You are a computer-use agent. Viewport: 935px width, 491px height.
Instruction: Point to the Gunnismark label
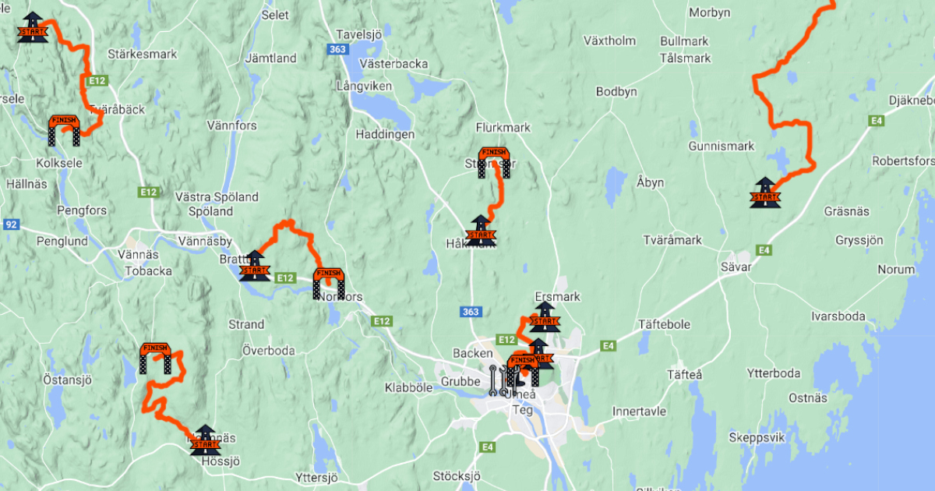tap(722, 147)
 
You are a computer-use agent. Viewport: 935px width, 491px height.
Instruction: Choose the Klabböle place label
tap(408, 387)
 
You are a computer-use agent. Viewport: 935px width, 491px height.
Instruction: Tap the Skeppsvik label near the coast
tap(756, 436)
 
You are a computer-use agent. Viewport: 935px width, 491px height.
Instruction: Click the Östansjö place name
tap(68, 380)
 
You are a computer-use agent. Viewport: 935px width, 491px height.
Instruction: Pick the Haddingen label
tap(385, 134)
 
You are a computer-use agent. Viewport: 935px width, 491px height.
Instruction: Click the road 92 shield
tap(11, 224)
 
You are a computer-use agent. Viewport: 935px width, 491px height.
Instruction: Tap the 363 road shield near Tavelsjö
tap(337, 49)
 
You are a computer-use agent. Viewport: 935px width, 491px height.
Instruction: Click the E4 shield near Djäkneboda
tap(877, 120)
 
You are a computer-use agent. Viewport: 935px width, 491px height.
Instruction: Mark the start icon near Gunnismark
tap(764, 193)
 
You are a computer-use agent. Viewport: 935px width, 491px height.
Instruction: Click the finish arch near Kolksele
tap(65, 130)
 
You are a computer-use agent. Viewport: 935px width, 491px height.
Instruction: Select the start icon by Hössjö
tap(205, 440)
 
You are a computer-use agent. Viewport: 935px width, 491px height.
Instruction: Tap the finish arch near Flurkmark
tap(494, 162)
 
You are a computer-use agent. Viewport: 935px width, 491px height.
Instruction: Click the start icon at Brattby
tap(255, 266)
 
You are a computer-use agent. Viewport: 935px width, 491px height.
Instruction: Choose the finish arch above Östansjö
tap(155, 358)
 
